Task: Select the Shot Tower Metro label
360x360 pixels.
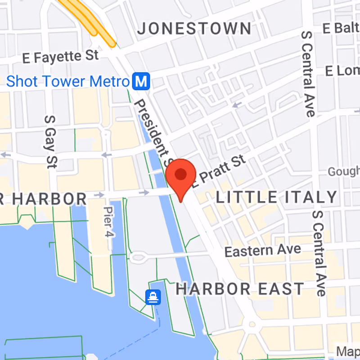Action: [x=67, y=81]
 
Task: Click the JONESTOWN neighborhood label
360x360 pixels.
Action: [x=194, y=29]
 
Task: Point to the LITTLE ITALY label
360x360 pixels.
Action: [x=277, y=197]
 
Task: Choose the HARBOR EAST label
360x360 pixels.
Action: [x=240, y=289]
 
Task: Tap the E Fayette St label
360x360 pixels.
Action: [x=60, y=57]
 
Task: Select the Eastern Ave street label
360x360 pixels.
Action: [x=263, y=250]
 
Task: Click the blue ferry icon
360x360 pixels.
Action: [x=153, y=297]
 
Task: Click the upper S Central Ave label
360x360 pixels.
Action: [x=308, y=74]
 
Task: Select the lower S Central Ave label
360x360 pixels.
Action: [x=319, y=253]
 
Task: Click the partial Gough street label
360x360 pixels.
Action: [x=343, y=171]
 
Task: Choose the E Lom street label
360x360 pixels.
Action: [x=342, y=71]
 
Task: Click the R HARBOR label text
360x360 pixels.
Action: [x=43, y=198]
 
